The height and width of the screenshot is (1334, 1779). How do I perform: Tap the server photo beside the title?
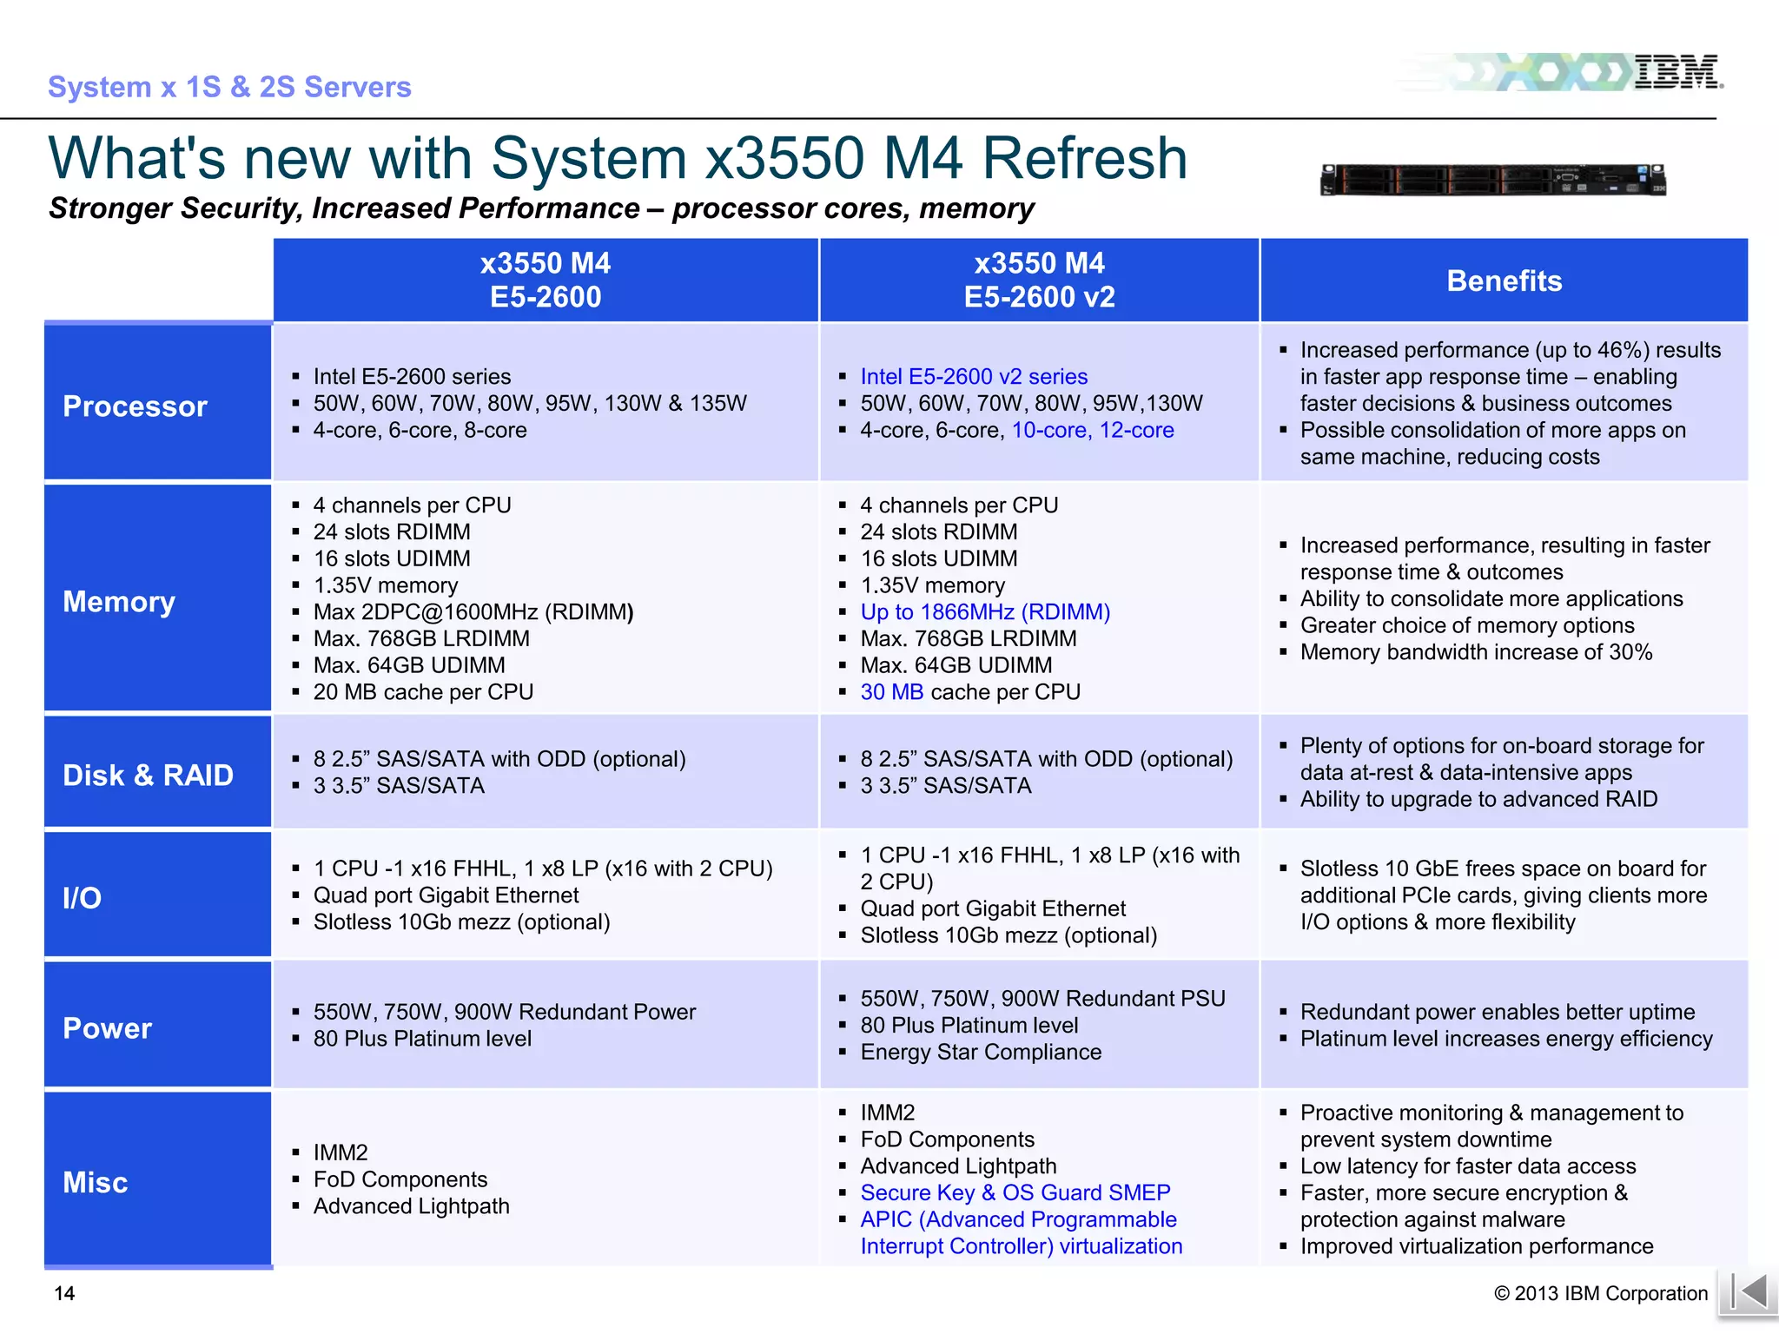tap(1492, 180)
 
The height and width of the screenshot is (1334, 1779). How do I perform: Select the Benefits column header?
tap(1504, 281)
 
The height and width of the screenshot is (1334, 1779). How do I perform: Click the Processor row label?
tap(136, 406)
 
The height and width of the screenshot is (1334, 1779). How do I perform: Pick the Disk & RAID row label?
tap(148, 775)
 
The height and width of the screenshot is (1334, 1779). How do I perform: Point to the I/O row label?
tap(83, 897)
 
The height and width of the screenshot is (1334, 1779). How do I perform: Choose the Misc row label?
tap(96, 1182)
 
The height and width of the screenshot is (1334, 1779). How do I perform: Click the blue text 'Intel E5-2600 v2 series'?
tap(973, 376)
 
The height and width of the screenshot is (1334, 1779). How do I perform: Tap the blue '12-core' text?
tap(1136, 430)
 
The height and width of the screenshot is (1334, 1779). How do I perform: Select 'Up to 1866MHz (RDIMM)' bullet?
tap(985, 611)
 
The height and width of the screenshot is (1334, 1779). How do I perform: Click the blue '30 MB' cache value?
tap(891, 691)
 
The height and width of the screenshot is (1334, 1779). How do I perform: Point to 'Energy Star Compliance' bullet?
tap(980, 1052)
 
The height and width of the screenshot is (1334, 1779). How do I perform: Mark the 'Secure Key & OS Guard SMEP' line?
tap(1015, 1192)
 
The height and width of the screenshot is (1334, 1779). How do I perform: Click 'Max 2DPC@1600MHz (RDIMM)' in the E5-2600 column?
tap(473, 611)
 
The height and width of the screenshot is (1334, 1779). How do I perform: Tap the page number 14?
tap(64, 1293)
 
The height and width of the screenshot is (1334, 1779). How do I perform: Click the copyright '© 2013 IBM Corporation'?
tap(1600, 1293)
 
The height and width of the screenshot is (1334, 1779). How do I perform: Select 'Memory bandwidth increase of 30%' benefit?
tap(1476, 651)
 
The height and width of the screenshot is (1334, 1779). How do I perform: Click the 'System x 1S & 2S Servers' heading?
tap(229, 87)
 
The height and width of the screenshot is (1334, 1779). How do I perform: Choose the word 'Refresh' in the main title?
tap(1084, 158)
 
